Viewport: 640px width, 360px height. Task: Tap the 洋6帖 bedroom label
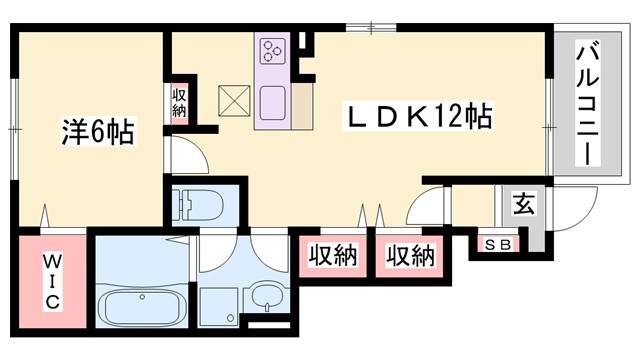95,131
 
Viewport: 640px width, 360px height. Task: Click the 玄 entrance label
522,204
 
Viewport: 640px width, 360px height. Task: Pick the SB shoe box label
496,244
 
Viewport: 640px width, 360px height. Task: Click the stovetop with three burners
273,51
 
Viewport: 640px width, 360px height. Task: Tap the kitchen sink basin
273,101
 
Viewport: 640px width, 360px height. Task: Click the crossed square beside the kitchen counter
236,100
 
